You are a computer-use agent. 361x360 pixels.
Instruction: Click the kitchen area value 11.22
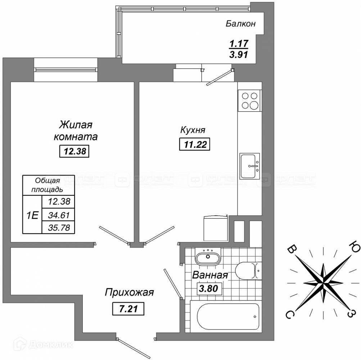click(x=194, y=145)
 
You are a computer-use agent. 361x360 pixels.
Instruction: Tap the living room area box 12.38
click(x=74, y=152)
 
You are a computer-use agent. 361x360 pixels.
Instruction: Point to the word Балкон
click(x=241, y=24)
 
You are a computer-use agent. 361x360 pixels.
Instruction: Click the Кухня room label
click(x=193, y=130)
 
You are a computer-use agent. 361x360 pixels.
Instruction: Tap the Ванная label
click(x=210, y=275)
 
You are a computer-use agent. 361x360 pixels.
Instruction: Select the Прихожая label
click(x=129, y=292)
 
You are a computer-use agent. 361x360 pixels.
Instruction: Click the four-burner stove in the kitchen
click(x=249, y=100)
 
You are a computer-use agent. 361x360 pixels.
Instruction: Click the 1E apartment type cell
click(x=32, y=215)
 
